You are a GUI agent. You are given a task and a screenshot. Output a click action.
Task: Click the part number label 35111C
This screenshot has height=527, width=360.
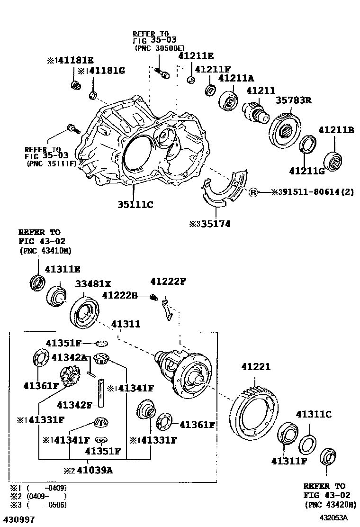135,205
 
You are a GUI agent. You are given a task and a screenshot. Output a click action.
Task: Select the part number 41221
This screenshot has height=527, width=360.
256,367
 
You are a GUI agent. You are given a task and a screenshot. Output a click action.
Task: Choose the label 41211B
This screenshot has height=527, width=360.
336,130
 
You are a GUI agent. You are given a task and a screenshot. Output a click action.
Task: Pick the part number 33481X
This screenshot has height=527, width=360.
93,284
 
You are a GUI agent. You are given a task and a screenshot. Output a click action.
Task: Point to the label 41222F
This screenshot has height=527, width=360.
168,282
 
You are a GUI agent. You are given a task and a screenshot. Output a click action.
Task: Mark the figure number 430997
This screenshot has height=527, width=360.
19,519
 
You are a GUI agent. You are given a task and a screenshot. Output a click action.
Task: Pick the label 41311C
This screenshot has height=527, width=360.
314,414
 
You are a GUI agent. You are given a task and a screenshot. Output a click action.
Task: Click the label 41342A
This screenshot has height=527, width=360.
69,357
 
